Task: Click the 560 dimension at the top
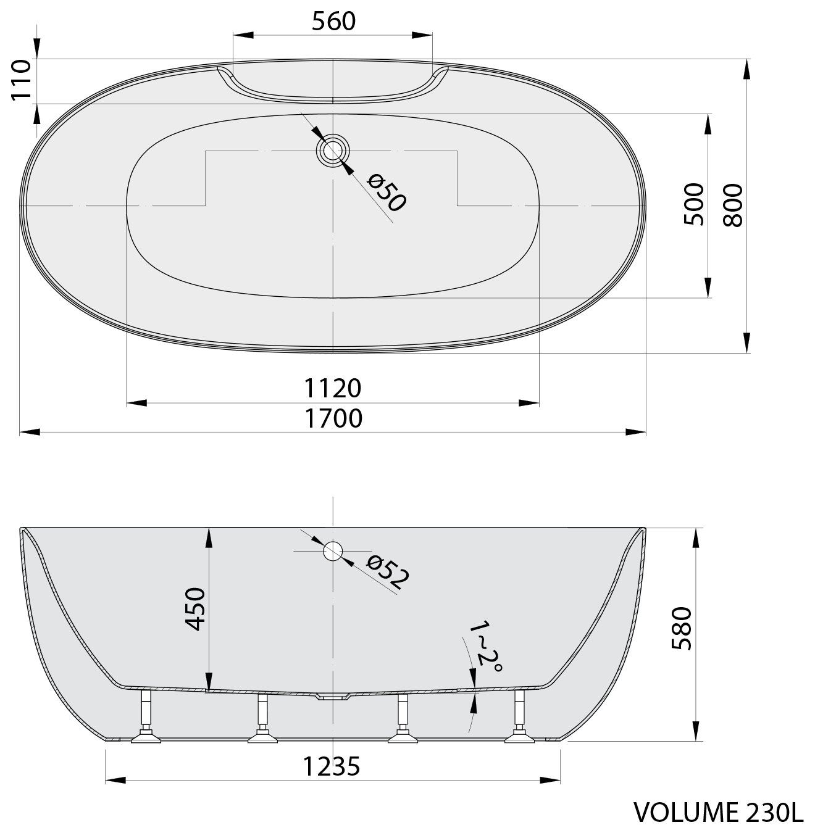333,22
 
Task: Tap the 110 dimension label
22,80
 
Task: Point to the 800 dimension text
732,205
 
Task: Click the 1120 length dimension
333,388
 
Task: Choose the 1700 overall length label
333,418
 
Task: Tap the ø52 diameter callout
388,573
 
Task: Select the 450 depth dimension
196,608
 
